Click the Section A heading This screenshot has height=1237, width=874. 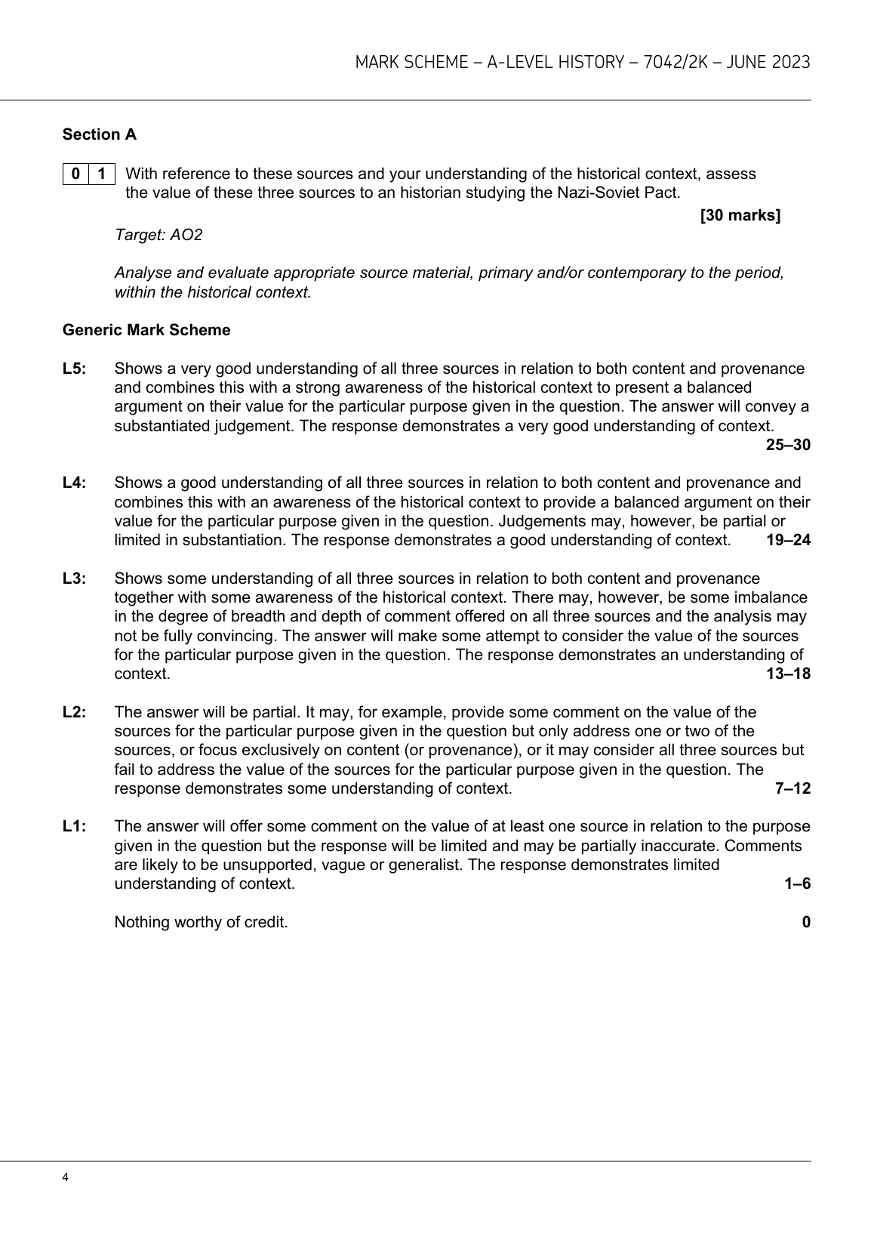[100, 134]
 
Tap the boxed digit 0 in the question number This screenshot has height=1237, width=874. [75, 174]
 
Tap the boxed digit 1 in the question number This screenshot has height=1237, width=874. [102, 174]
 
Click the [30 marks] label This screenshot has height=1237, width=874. [740, 215]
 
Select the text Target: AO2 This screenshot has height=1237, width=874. [158, 235]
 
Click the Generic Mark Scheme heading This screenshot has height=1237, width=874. [146, 330]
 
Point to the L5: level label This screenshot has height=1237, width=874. [75, 369]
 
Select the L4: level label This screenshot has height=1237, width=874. [75, 483]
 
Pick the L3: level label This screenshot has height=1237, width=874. [75, 578]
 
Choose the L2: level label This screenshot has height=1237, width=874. [75, 712]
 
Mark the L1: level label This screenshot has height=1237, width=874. [75, 826]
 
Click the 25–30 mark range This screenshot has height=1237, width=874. [788, 445]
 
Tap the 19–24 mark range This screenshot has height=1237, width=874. [788, 540]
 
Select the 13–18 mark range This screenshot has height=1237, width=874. [788, 674]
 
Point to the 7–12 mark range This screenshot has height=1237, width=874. [792, 788]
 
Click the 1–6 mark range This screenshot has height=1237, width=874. [797, 884]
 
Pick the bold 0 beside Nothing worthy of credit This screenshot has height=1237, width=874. [806, 922]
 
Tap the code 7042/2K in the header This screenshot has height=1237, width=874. [679, 62]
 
